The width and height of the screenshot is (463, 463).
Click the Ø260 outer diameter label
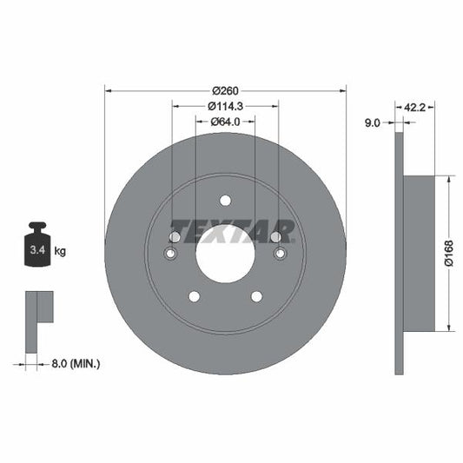pyautogui.click(x=225, y=89)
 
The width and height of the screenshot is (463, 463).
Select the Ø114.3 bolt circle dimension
pyautogui.click(x=225, y=106)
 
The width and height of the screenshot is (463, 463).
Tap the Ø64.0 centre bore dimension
pyautogui.click(x=225, y=122)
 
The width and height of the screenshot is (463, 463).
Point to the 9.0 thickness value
pyautogui.click(x=373, y=123)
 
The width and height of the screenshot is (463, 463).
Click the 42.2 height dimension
pyautogui.click(x=415, y=107)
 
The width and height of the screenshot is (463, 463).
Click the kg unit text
pyautogui.click(x=60, y=251)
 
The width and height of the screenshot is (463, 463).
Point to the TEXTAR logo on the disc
pyautogui.click(x=232, y=230)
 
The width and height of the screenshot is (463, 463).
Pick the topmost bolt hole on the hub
pyautogui.click(x=225, y=200)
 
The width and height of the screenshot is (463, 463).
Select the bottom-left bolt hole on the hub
pyautogui.click(x=194, y=297)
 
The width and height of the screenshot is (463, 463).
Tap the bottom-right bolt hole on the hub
pyautogui.click(x=256, y=297)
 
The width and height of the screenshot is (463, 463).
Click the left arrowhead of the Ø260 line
pyautogui.click(x=108, y=89)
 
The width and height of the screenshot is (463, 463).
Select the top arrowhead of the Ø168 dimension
pyautogui.click(x=447, y=179)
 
